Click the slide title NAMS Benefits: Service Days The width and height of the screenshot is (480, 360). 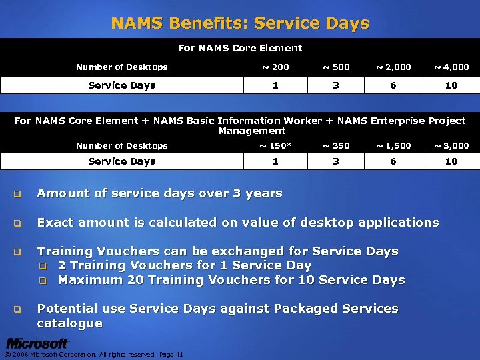tap(240, 23)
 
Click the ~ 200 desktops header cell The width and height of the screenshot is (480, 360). tap(275, 67)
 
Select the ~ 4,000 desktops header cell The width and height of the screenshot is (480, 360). tap(451, 67)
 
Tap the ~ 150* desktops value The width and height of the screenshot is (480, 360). tap(275, 145)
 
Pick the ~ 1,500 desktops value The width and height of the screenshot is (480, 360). tap(393, 145)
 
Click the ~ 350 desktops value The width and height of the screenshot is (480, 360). tap(335, 145)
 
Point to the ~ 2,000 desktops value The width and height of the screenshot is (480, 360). tap(393, 67)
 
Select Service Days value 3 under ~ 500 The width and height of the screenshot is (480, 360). tap(335, 85)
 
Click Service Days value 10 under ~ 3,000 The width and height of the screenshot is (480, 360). tap(451, 161)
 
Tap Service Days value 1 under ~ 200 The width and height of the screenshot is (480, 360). tap(275, 85)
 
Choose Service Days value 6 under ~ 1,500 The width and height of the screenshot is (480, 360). tap(393, 161)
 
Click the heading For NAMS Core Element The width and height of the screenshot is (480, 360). tap(240, 48)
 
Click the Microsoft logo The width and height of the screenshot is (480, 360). tap(37, 344)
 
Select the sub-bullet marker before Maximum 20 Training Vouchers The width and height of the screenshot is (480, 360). tap(42, 281)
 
